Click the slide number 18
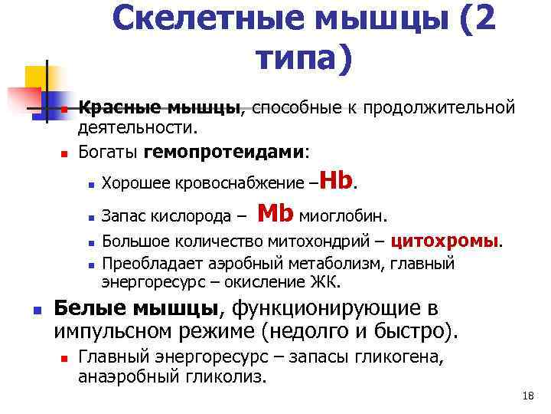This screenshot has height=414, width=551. (526, 396)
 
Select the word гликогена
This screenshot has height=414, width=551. (396, 358)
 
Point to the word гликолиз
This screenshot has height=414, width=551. (229, 376)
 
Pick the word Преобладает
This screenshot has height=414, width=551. (145, 264)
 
